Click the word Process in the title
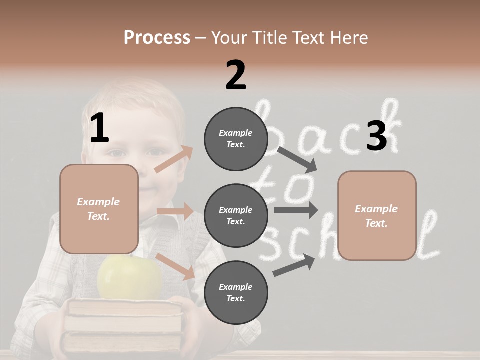157,38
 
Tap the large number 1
99,128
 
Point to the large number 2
236,75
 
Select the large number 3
376,136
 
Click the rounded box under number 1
99,209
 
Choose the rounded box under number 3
377,216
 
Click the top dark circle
236,139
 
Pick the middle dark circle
236,215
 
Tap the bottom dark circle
236,292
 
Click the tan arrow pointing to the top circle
174,159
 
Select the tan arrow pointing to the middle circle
175,211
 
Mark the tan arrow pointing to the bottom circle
175,266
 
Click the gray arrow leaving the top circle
297,159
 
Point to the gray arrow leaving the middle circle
295,210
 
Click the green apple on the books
130,278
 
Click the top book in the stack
125,307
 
